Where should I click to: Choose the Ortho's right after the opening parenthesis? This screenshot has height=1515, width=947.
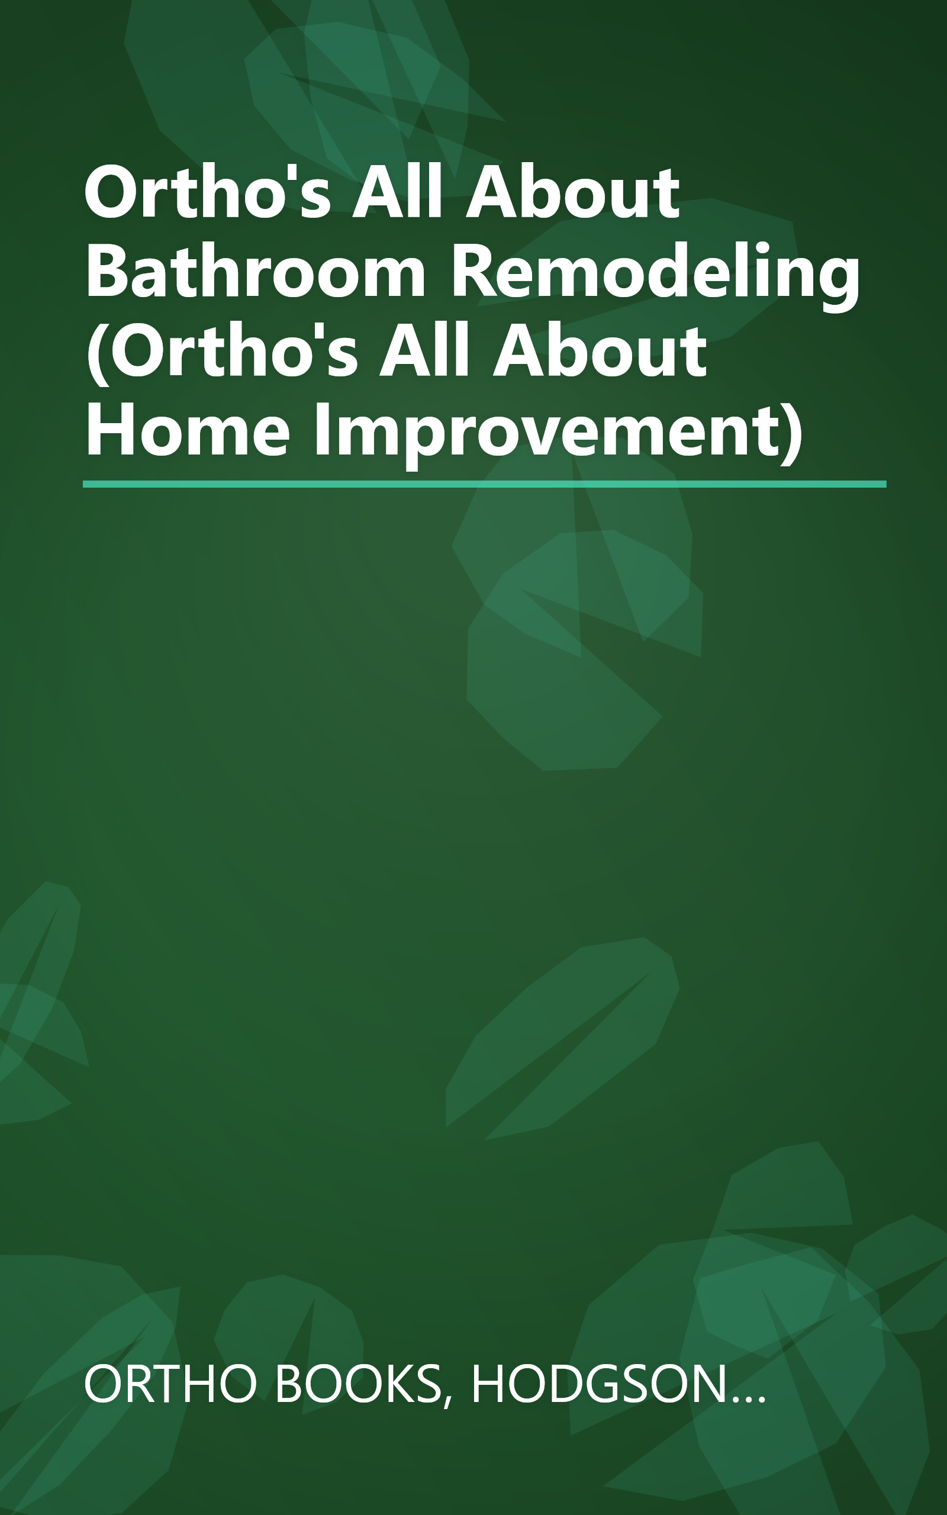point(241,351)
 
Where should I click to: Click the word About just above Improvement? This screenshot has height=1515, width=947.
point(600,351)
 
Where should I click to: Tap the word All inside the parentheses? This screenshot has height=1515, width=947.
point(424,351)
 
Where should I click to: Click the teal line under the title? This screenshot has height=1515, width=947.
point(484,484)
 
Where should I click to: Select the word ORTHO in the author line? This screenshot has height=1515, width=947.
point(170,1384)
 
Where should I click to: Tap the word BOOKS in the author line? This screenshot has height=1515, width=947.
point(357,1384)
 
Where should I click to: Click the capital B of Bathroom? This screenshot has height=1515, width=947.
point(105,271)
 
